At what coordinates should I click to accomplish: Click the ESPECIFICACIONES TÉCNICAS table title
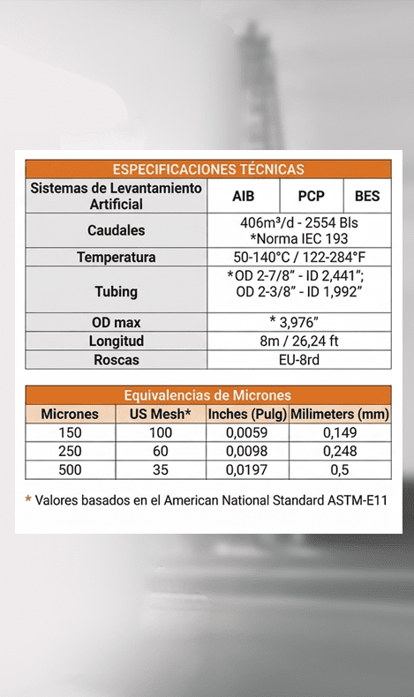207,169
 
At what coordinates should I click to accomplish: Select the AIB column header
243,196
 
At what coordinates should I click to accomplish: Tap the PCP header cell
312,196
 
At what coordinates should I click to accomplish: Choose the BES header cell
366,196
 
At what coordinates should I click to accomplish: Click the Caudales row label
116,230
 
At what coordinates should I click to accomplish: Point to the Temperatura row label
116,258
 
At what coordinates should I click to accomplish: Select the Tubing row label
116,290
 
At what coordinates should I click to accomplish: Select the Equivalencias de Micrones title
207,395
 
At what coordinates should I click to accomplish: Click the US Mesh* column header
160,414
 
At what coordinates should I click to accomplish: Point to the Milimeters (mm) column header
340,414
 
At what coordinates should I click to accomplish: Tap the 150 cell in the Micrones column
70,432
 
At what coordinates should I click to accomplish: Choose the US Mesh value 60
160,451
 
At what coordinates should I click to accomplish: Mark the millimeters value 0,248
340,451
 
